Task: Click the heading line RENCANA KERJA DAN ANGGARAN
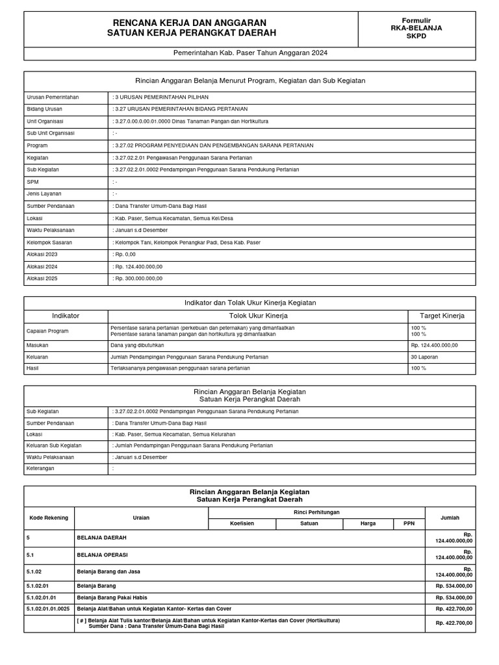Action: (190, 23)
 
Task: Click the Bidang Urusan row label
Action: (45, 109)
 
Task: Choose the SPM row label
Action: (33, 182)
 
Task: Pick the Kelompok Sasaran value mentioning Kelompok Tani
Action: (187, 242)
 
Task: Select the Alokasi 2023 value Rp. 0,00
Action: (126, 255)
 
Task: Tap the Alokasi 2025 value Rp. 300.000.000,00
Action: (138, 279)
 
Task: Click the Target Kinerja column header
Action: (442, 316)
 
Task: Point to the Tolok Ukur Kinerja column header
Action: (258, 316)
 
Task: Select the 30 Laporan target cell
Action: (424, 357)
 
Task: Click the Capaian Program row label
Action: (48, 331)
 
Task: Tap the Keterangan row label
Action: (40, 468)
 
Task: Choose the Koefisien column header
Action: (240, 523)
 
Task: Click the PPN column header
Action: (409, 523)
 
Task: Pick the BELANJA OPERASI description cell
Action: (103, 555)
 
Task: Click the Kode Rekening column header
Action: (49, 518)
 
